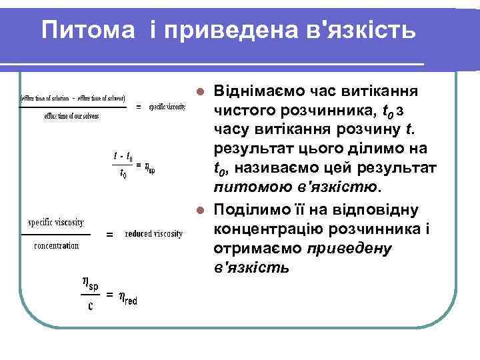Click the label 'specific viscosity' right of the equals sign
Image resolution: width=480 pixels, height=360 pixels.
[167, 107]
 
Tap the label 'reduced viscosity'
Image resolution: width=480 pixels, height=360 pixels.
[154, 234]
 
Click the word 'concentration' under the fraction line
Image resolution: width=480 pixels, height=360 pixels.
[56, 245]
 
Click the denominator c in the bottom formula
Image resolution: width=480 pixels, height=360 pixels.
[90, 307]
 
